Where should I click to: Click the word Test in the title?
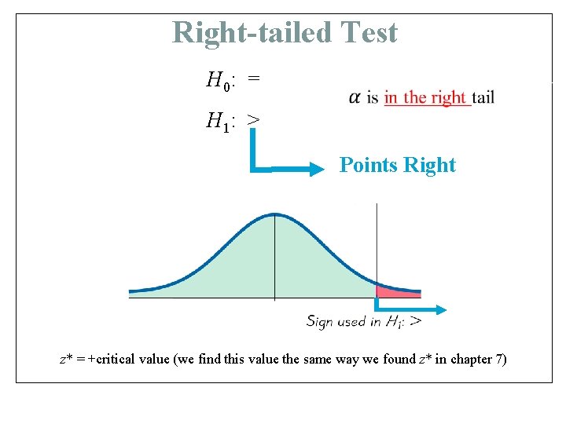click(x=369, y=33)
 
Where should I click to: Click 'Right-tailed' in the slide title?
click(x=253, y=33)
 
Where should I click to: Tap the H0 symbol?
click(x=218, y=80)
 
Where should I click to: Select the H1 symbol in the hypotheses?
click(x=218, y=121)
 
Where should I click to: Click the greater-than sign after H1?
click(x=254, y=121)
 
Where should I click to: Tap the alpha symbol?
click(x=355, y=97)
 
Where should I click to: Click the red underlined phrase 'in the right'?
click(x=425, y=97)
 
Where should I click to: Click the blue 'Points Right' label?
click(x=397, y=166)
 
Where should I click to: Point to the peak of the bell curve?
click(x=274, y=214)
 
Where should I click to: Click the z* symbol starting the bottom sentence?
click(x=67, y=360)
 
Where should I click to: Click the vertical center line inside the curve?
click(x=274, y=259)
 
